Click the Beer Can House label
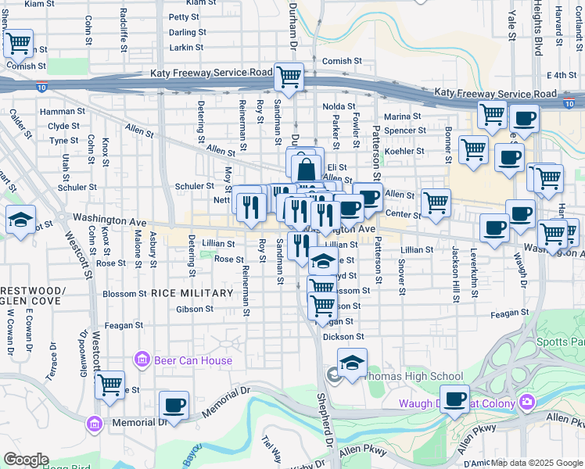click(x=193, y=360)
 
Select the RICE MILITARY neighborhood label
click(x=192, y=293)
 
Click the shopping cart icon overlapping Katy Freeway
click(x=289, y=77)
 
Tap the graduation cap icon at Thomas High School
click(x=352, y=363)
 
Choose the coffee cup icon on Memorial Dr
click(x=174, y=405)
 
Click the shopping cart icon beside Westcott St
click(x=109, y=385)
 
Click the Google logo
click(x=25, y=460)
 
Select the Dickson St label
click(x=344, y=337)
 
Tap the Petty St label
click(x=184, y=16)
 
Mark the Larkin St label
click(x=186, y=48)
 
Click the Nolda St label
click(x=339, y=106)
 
